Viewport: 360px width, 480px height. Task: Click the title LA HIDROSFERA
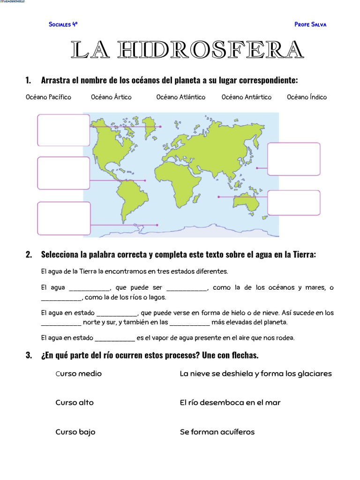187,50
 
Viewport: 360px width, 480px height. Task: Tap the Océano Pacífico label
48,97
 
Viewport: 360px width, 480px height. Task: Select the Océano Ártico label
111,97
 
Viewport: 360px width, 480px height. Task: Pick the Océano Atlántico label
180,97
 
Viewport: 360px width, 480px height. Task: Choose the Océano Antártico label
246,97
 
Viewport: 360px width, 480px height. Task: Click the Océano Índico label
307,97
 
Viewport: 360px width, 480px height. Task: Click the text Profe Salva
310,24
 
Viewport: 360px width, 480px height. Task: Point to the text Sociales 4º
63,24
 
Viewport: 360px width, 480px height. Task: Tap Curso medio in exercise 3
78,374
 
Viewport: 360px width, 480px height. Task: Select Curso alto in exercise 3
75,403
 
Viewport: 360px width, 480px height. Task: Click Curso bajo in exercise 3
75,432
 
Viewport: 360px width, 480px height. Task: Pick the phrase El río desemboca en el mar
230,403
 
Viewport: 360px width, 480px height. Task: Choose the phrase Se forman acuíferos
217,432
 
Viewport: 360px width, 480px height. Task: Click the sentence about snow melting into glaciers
255,374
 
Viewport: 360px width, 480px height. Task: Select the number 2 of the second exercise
29,255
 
